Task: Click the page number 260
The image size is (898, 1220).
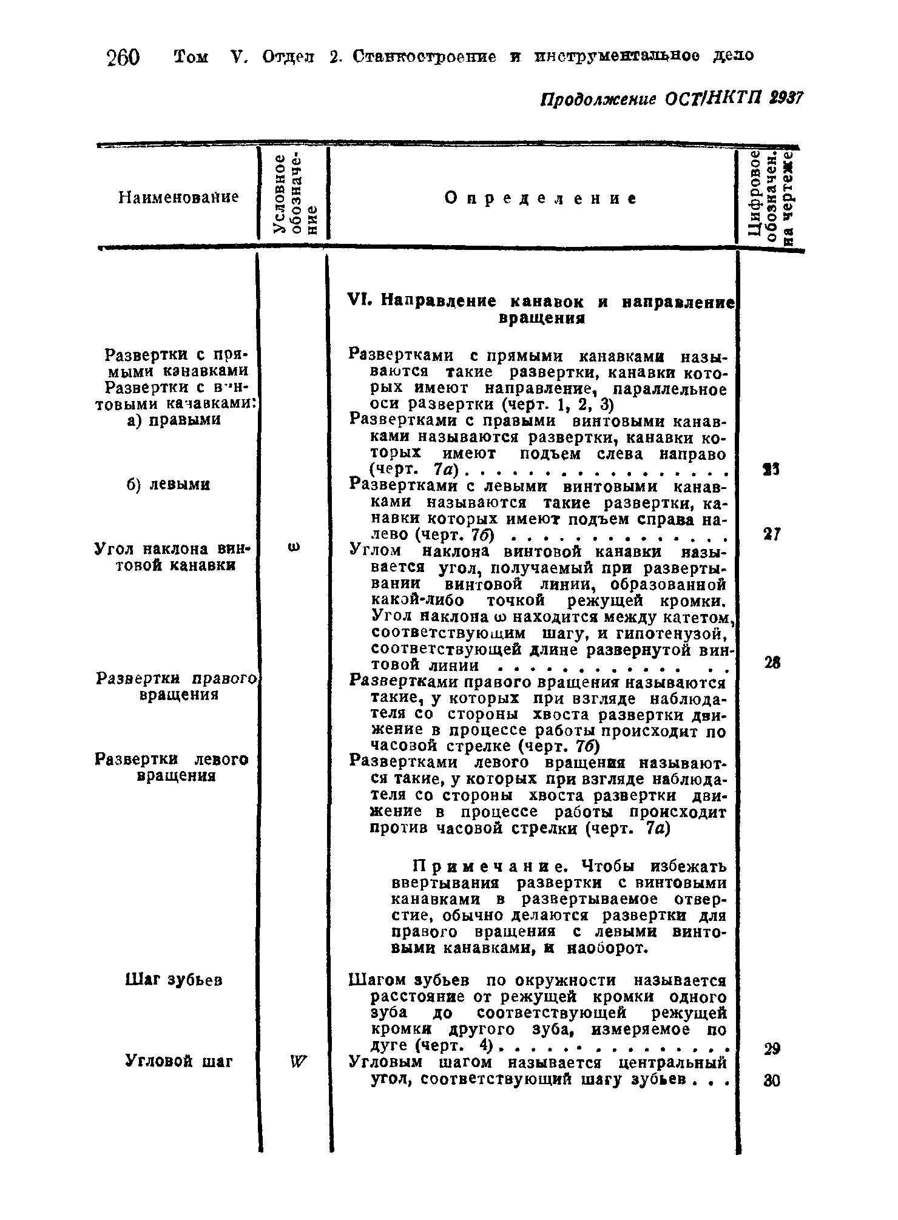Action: click(123, 59)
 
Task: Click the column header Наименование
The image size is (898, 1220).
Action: click(178, 197)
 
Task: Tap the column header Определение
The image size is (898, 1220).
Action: click(541, 198)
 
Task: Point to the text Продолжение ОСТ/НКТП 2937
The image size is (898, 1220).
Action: click(671, 98)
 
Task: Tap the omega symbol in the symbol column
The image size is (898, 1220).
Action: click(294, 548)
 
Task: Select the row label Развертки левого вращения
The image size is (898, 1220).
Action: click(172, 767)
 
